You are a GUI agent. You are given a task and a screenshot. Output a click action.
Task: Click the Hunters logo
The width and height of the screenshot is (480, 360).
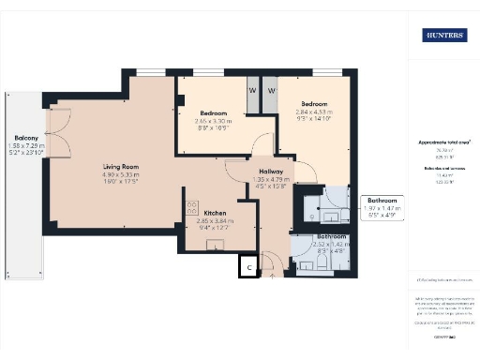444,37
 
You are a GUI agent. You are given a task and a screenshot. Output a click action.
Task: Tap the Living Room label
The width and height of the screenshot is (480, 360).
121,167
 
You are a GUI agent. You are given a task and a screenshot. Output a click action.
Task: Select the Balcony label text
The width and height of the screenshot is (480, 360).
26,137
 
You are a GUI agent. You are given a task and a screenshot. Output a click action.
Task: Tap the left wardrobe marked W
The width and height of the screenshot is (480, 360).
252,90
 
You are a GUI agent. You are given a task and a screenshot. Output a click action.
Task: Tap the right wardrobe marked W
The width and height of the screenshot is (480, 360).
270,90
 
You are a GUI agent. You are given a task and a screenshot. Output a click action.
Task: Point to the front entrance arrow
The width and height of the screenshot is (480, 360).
273,276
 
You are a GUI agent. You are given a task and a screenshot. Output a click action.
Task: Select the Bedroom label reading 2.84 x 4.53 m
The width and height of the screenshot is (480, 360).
313,104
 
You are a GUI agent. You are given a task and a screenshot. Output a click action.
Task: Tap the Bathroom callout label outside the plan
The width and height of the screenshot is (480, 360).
382,202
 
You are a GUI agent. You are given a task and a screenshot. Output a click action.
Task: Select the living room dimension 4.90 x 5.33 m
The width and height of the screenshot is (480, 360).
121,175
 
